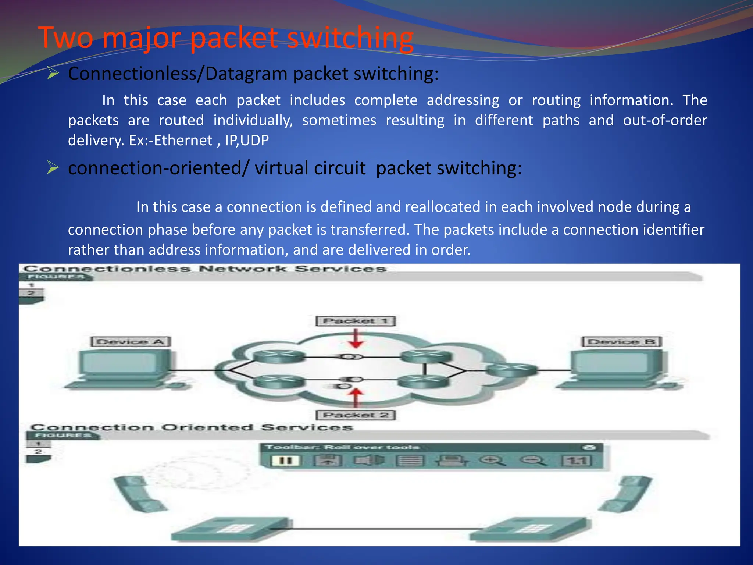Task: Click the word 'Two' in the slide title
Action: click(x=66, y=38)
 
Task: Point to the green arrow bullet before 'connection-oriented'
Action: click(x=53, y=168)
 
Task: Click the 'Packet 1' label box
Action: click(x=356, y=321)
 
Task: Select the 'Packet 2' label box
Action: click(x=356, y=415)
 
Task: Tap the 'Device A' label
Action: click(x=131, y=342)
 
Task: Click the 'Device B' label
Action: click(x=622, y=342)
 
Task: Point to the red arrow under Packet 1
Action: click(x=356, y=338)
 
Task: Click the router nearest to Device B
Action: click(x=511, y=369)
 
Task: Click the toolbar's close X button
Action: click(x=589, y=447)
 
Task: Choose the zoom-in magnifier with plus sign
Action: click(x=492, y=460)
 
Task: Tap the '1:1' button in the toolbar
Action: click(x=577, y=461)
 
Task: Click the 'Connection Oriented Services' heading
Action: click(x=192, y=427)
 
